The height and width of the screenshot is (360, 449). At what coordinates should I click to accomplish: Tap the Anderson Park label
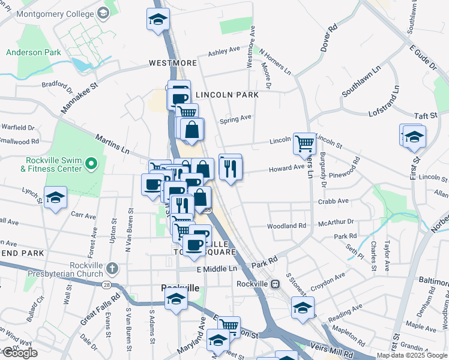pos(34,52)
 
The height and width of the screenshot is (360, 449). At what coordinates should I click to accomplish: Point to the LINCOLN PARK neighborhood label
pos(228,95)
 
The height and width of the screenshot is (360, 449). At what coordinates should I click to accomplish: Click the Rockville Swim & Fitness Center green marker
pos(91,163)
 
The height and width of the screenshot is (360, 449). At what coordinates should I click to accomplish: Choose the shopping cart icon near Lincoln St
pos(304,143)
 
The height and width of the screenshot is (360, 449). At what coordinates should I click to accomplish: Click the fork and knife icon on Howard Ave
pos(231,169)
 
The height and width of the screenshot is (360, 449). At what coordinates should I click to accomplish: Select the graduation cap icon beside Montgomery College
pos(158,19)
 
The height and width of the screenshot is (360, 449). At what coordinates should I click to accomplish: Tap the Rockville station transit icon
pos(275,284)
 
